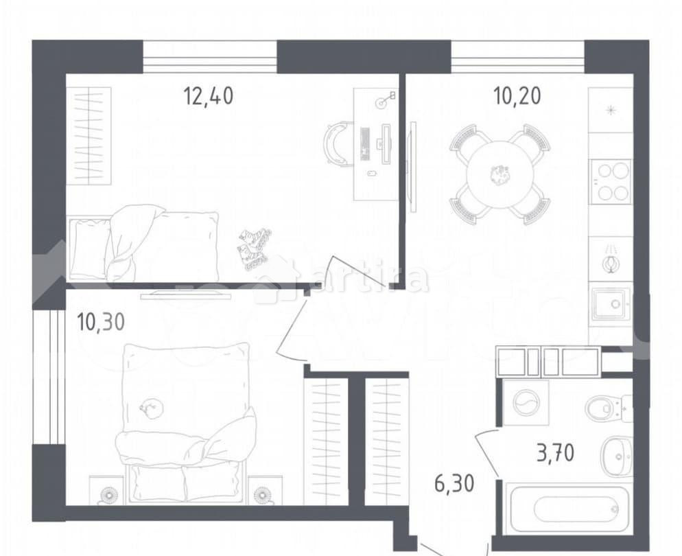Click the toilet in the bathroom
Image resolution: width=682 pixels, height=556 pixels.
pyautogui.click(x=608, y=408)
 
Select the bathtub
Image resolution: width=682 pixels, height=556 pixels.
pyautogui.click(x=567, y=509)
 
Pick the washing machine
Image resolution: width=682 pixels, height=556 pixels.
pyautogui.click(x=526, y=404)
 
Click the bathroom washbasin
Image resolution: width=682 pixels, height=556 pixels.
pyautogui.click(x=616, y=456)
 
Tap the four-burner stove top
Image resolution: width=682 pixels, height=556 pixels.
pyautogui.click(x=610, y=181)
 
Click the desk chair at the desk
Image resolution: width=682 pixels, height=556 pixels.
pyautogui.click(x=337, y=142)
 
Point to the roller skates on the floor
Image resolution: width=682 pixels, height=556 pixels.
pyautogui.click(x=254, y=248)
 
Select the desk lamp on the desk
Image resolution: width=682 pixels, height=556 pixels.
pyautogui.click(x=385, y=100)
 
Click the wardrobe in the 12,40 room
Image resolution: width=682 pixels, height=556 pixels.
pyautogui.click(x=92, y=135)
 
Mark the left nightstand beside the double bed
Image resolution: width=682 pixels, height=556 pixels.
pyautogui.click(x=108, y=493)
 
